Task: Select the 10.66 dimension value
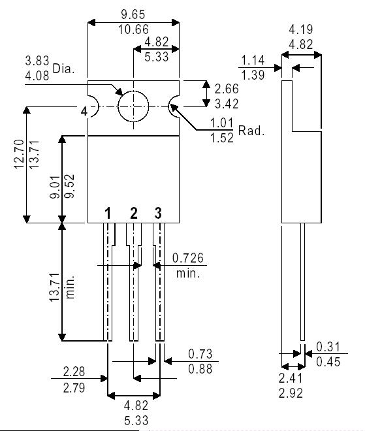(x=134, y=29)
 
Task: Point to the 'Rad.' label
(x=251, y=131)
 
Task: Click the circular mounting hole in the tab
(x=133, y=106)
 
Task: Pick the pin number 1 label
(x=108, y=213)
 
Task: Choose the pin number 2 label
(x=134, y=213)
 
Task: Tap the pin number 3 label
(x=158, y=213)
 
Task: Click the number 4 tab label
(x=84, y=111)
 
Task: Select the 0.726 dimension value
(x=188, y=259)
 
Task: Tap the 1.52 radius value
(x=222, y=137)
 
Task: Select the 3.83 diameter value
(x=37, y=60)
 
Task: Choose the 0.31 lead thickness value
(x=328, y=345)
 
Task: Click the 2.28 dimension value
(x=75, y=372)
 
